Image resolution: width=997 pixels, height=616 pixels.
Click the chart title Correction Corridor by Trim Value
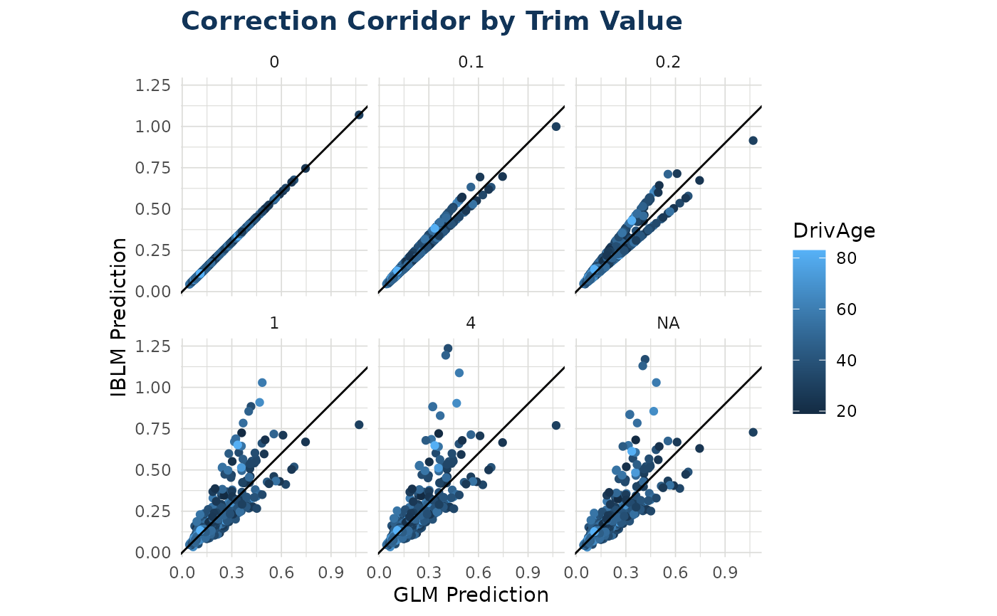(432, 21)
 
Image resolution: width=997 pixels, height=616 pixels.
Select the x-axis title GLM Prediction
(471, 595)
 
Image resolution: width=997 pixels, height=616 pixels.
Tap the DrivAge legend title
(834, 230)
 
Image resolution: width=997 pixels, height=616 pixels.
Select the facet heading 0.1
(471, 63)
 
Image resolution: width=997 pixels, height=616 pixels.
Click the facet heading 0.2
(668, 63)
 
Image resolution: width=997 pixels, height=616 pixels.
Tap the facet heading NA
(668, 324)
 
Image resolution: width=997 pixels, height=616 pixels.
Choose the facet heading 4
(471, 324)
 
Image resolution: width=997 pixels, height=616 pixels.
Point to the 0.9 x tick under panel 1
(330, 573)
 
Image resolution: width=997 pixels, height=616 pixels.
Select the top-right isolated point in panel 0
(359, 115)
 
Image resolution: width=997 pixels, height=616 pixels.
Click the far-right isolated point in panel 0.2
(753, 141)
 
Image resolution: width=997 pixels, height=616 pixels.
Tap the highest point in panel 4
(448, 349)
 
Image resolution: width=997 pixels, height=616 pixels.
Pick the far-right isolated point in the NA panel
(753, 432)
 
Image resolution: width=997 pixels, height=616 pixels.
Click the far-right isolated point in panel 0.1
(556, 127)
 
